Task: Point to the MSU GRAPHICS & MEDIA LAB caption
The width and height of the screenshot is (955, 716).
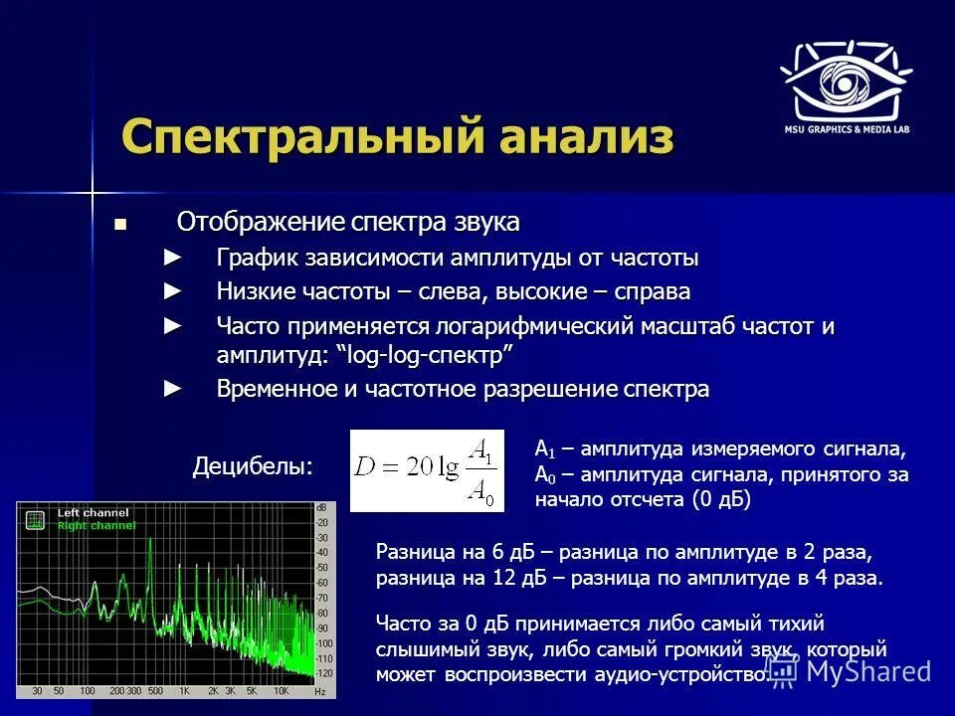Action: [x=847, y=129]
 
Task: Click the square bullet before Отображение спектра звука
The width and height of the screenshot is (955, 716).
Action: [x=120, y=224]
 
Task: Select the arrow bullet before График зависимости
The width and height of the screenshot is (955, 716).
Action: [x=173, y=259]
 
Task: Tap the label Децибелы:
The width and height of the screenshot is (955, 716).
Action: [x=252, y=465]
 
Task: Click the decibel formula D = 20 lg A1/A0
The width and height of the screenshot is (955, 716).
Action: [x=427, y=470]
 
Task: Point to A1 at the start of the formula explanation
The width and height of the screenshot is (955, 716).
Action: [x=543, y=449]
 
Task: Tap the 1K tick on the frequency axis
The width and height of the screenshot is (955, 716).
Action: [x=185, y=690]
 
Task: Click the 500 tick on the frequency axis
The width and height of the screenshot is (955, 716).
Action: [x=157, y=690]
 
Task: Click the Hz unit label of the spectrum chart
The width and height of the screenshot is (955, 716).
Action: [x=318, y=690]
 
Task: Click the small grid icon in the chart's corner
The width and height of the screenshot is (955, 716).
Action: [x=36, y=519]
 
